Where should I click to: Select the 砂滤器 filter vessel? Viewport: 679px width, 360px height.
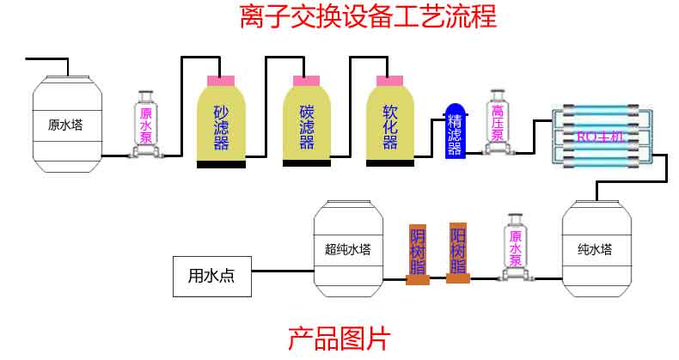(x=221, y=122)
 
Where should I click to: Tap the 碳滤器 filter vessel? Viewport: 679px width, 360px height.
(x=306, y=122)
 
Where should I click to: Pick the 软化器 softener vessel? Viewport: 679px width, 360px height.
(x=389, y=122)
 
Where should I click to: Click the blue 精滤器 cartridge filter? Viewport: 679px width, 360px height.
(x=454, y=131)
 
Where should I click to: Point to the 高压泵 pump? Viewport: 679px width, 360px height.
(x=497, y=123)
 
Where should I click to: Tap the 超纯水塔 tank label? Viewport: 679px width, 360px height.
(x=347, y=251)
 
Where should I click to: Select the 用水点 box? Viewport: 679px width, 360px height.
(x=211, y=276)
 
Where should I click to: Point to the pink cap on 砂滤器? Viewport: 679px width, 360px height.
(x=221, y=80)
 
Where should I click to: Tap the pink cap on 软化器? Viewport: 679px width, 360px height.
(x=389, y=80)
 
